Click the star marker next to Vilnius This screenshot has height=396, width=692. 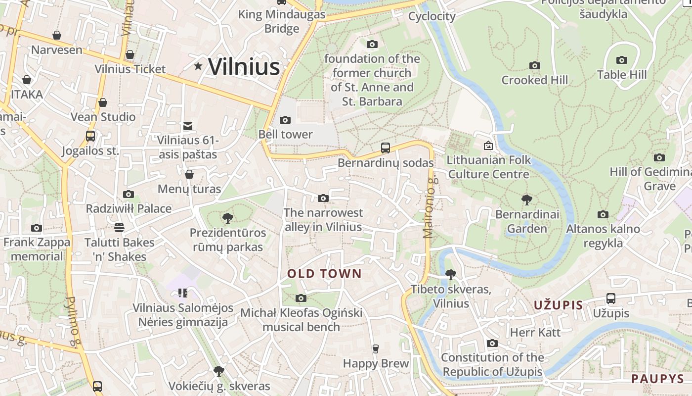(x=198, y=66)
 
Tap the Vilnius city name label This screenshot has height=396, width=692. (x=244, y=67)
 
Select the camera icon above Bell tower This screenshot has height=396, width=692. (x=285, y=120)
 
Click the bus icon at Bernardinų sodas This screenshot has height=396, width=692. (x=386, y=148)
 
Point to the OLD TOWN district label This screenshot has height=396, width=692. (x=325, y=274)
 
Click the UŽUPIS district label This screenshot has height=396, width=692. (x=559, y=305)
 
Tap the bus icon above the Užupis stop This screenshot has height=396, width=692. (x=611, y=298)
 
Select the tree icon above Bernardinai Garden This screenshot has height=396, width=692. (x=527, y=200)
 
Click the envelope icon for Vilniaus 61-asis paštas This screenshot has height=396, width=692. (x=188, y=126)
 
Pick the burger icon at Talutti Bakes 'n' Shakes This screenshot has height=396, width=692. (x=119, y=228)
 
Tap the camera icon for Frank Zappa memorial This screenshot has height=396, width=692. (x=37, y=228)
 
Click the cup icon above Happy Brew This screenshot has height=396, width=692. (x=376, y=348)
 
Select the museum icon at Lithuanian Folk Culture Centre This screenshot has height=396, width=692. (x=488, y=146)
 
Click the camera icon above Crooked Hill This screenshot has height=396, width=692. (x=534, y=65)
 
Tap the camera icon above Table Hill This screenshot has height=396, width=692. (x=622, y=60)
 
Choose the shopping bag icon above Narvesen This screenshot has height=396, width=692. (x=57, y=35)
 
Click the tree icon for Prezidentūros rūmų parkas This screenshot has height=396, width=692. (x=228, y=218)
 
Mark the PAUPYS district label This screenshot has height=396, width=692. (x=657, y=379)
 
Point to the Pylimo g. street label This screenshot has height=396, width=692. (x=73, y=322)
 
